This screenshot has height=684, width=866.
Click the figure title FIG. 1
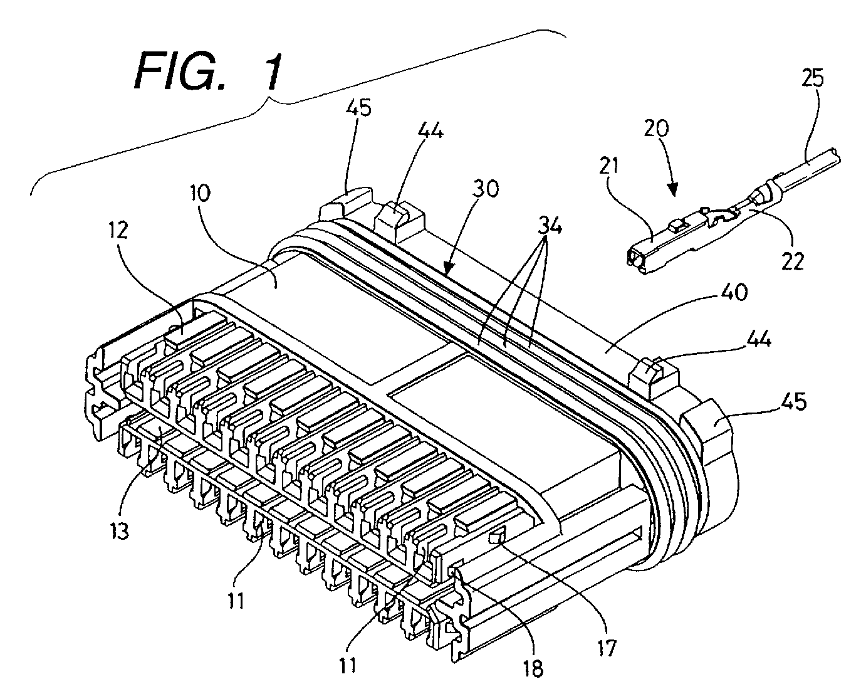point(209,72)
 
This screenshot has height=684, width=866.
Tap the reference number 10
point(200,193)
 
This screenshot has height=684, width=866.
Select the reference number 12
point(118,230)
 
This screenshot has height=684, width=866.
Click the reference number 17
point(607,648)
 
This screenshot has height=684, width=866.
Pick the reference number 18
point(533,668)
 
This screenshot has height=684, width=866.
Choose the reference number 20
point(656,128)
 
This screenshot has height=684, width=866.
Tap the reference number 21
point(608,166)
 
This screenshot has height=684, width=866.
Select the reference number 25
point(813,78)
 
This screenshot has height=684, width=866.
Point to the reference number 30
point(486,189)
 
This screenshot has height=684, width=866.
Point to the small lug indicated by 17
point(498,537)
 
